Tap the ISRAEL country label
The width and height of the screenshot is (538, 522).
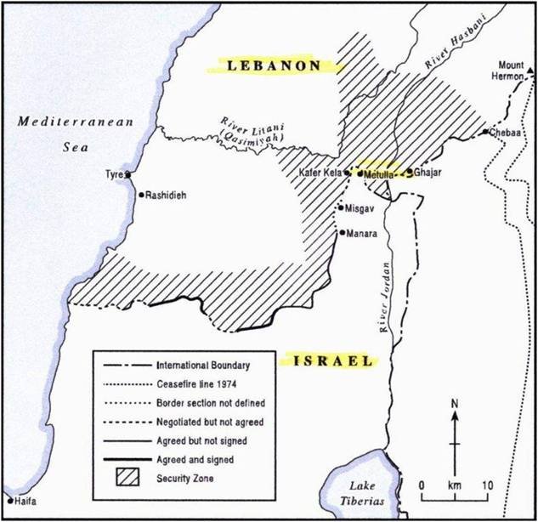[x=332, y=361]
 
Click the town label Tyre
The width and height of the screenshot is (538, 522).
[x=114, y=174]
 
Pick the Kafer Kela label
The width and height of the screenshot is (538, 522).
[x=320, y=173]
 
